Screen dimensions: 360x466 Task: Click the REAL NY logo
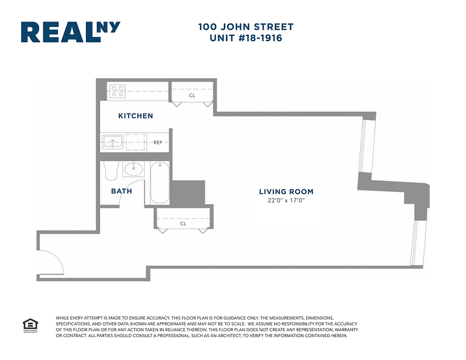point(71,32)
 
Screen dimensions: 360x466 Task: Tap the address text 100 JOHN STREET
point(246,27)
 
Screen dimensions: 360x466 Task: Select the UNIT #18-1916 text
point(246,38)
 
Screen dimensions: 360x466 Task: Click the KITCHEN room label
point(135,116)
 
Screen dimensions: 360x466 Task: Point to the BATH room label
point(121,191)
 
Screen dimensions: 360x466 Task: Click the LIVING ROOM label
point(286,192)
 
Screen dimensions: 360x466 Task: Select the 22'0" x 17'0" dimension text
point(286,201)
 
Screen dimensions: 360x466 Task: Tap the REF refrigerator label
point(158,143)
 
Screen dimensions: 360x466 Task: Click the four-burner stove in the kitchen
point(117,91)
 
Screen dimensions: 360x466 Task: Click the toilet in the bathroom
point(110,171)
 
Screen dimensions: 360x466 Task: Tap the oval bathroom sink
point(133,169)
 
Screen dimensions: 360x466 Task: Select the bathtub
point(159,184)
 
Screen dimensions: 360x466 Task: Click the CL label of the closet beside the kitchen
point(192,95)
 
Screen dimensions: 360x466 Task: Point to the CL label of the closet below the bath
point(183,224)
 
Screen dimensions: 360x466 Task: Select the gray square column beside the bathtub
point(188,193)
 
